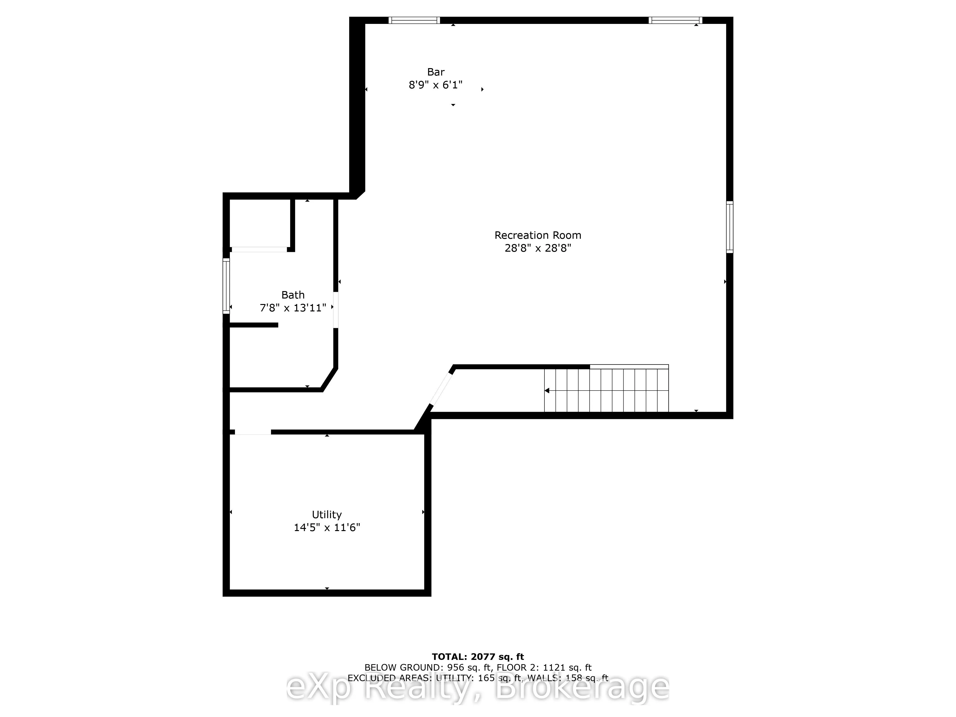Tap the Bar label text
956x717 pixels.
(x=436, y=72)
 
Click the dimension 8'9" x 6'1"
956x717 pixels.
(x=436, y=85)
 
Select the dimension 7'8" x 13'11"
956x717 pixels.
(x=293, y=308)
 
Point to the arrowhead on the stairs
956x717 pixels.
(x=547, y=391)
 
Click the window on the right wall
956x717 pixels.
(x=729, y=227)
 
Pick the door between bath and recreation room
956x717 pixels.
(x=336, y=310)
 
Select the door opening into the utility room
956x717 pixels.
(x=253, y=432)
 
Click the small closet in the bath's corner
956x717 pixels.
(x=259, y=224)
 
